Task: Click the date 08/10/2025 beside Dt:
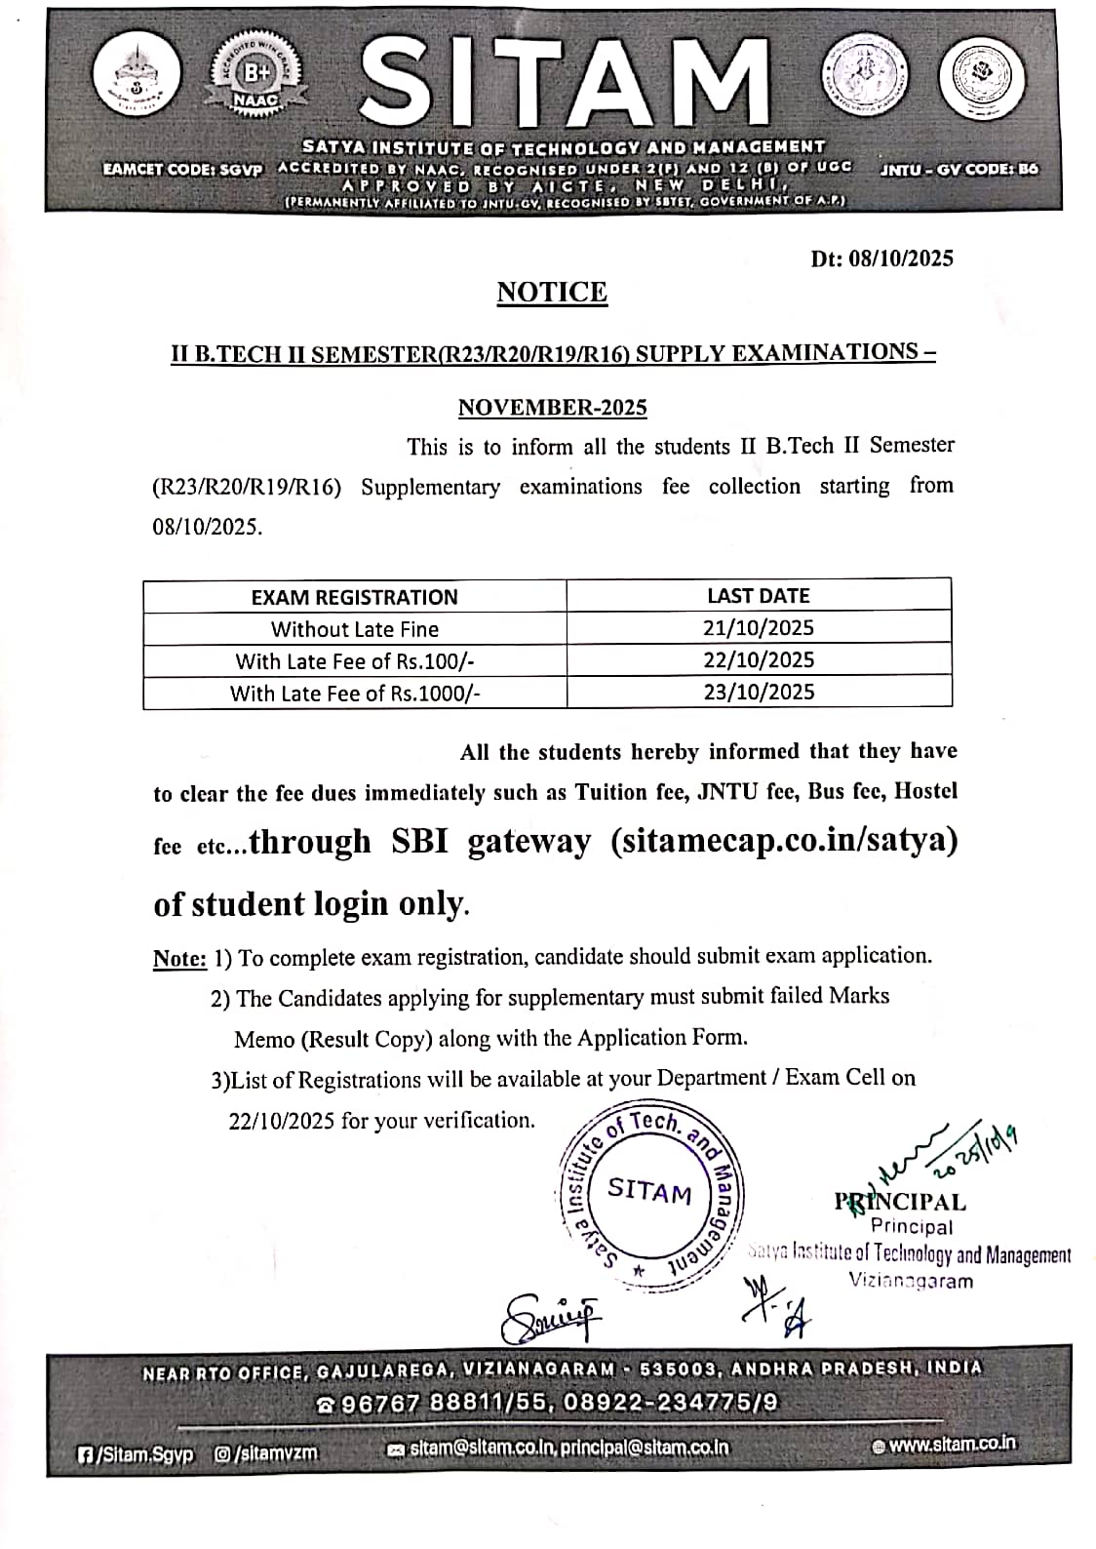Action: pyautogui.click(x=900, y=258)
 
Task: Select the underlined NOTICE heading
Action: pyautogui.click(x=552, y=293)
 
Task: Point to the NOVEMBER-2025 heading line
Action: pyautogui.click(x=552, y=407)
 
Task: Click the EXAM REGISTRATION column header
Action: pyautogui.click(x=354, y=597)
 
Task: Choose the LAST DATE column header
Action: pyautogui.click(x=758, y=595)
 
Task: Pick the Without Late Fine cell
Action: pyautogui.click(x=354, y=629)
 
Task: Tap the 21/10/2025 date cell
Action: pyautogui.click(x=758, y=627)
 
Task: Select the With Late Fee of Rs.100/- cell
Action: pyautogui.click(x=354, y=661)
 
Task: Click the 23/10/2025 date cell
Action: pyautogui.click(x=758, y=692)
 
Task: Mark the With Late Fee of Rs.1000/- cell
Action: pyautogui.click(x=354, y=694)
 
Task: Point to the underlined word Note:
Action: pyautogui.click(x=179, y=959)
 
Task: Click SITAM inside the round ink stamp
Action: pyautogui.click(x=649, y=1191)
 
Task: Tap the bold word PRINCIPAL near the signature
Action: pyautogui.click(x=900, y=1203)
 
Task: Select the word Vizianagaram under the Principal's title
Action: pyautogui.click(x=910, y=1281)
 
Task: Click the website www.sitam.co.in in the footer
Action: pyautogui.click(x=951, y=1444)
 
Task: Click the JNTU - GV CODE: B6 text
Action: pyautogui.click(x=959, y=169)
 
